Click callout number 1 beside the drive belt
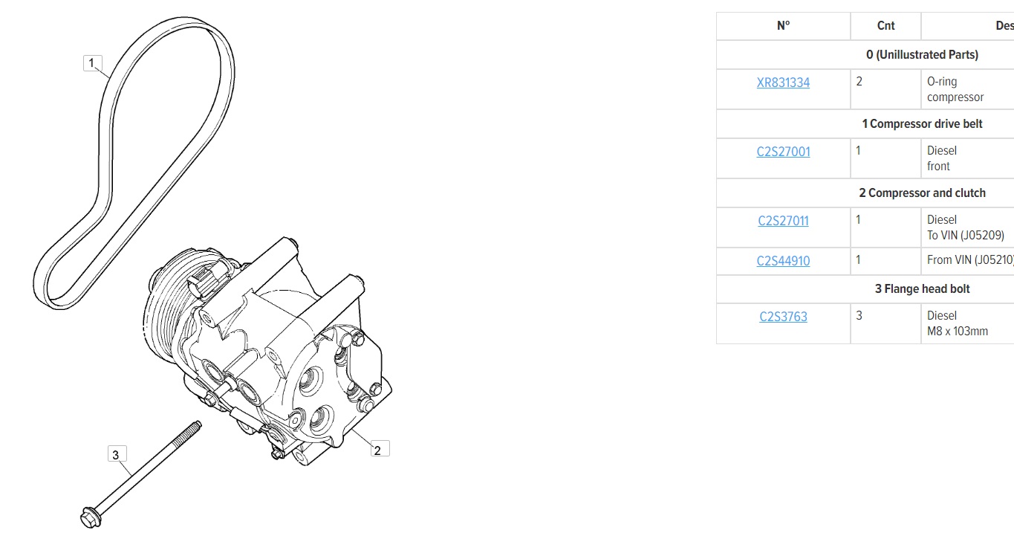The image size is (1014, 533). point(92,63)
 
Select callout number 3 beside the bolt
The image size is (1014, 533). point(117,454)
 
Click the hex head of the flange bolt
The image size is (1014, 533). point(91,517)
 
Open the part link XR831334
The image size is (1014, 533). point(783,83)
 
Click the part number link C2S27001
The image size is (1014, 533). point(783,152)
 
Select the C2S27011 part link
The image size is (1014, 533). point(783,221)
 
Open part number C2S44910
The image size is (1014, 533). point(783,261)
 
